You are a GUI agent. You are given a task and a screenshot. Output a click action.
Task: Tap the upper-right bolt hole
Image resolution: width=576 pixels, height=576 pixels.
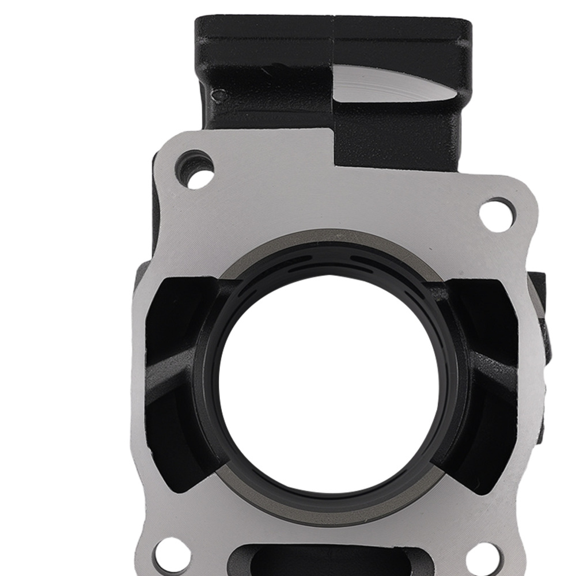point(495,214)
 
